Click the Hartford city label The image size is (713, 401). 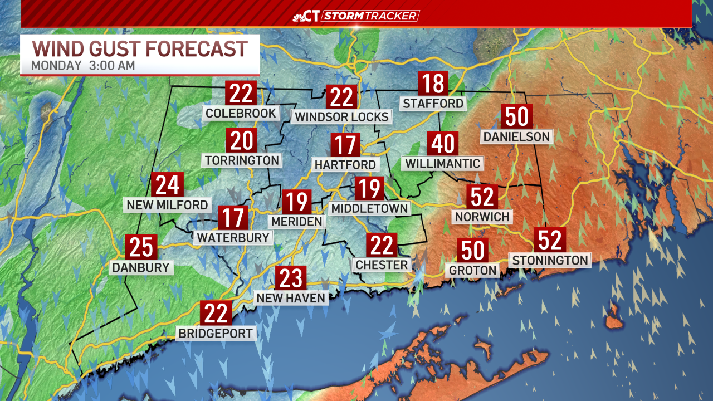pyautogui.click(x=345, y=165)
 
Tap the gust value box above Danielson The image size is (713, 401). pyautogui.click(x=517, y=117)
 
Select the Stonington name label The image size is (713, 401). pyautogui.click(x=550, y=260)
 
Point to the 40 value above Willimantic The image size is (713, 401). pyautogui.click(x=443, y=144)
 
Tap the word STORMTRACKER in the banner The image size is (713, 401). pyautogui.click(x=370, y=16)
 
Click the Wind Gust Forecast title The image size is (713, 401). pyautogui.click(x=139, y=48)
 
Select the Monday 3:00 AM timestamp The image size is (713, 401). pyautogui.click(x=83, y=65)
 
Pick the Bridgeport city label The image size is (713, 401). pyautogui.click(x=216, y=334)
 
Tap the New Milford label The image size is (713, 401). pyautogui.click(x=167, y=205)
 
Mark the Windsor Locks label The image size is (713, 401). pyautogui.click(x=341, y=117)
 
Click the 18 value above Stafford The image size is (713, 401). pyautogui.click(x=433, y=84)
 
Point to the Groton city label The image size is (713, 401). pyautogui.click(x=473, y=271)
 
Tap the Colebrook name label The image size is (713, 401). pyautogui.click(x=241, y=114)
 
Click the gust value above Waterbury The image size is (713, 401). pyautogui.click(x=233, y=218)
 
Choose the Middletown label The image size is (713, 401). pyautogui.click(x=369, y=208)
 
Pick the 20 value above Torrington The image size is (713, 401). pyautogui.click(x=242, y=140)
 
